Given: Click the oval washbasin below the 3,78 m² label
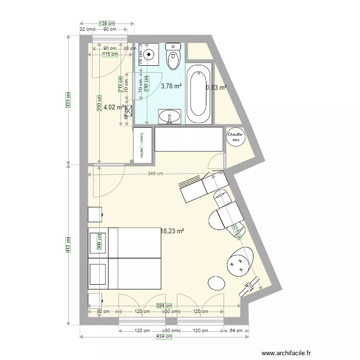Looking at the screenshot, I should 169,116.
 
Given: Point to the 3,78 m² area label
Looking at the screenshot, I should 171,86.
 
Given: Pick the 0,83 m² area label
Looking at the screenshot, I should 216,87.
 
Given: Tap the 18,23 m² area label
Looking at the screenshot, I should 173,231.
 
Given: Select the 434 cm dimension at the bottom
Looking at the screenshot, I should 165,337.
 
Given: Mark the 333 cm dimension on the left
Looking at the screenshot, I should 69,99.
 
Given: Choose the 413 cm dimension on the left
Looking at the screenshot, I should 69,245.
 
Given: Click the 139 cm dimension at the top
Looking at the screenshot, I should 107,23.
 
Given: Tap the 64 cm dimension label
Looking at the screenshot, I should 236,331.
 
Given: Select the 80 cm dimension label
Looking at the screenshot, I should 103,312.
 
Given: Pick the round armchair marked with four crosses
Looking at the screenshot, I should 238,262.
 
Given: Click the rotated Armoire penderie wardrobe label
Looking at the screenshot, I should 142,145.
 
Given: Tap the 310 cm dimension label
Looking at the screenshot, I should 99,107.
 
